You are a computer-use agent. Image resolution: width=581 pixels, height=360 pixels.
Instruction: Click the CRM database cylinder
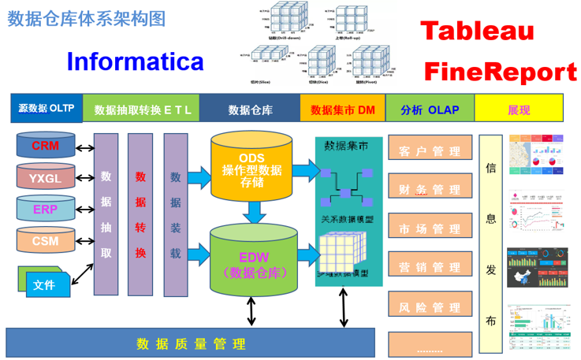45,146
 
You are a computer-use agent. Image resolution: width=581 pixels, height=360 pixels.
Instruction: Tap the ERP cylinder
45,209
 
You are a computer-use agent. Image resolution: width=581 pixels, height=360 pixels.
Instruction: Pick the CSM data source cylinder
45,240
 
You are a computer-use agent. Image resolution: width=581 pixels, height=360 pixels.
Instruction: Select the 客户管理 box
430,150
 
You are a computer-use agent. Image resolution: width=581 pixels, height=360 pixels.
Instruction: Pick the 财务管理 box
430,189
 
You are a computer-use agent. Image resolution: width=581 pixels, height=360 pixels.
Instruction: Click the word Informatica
135,61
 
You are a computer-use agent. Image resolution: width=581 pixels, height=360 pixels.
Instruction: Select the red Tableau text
477,32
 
